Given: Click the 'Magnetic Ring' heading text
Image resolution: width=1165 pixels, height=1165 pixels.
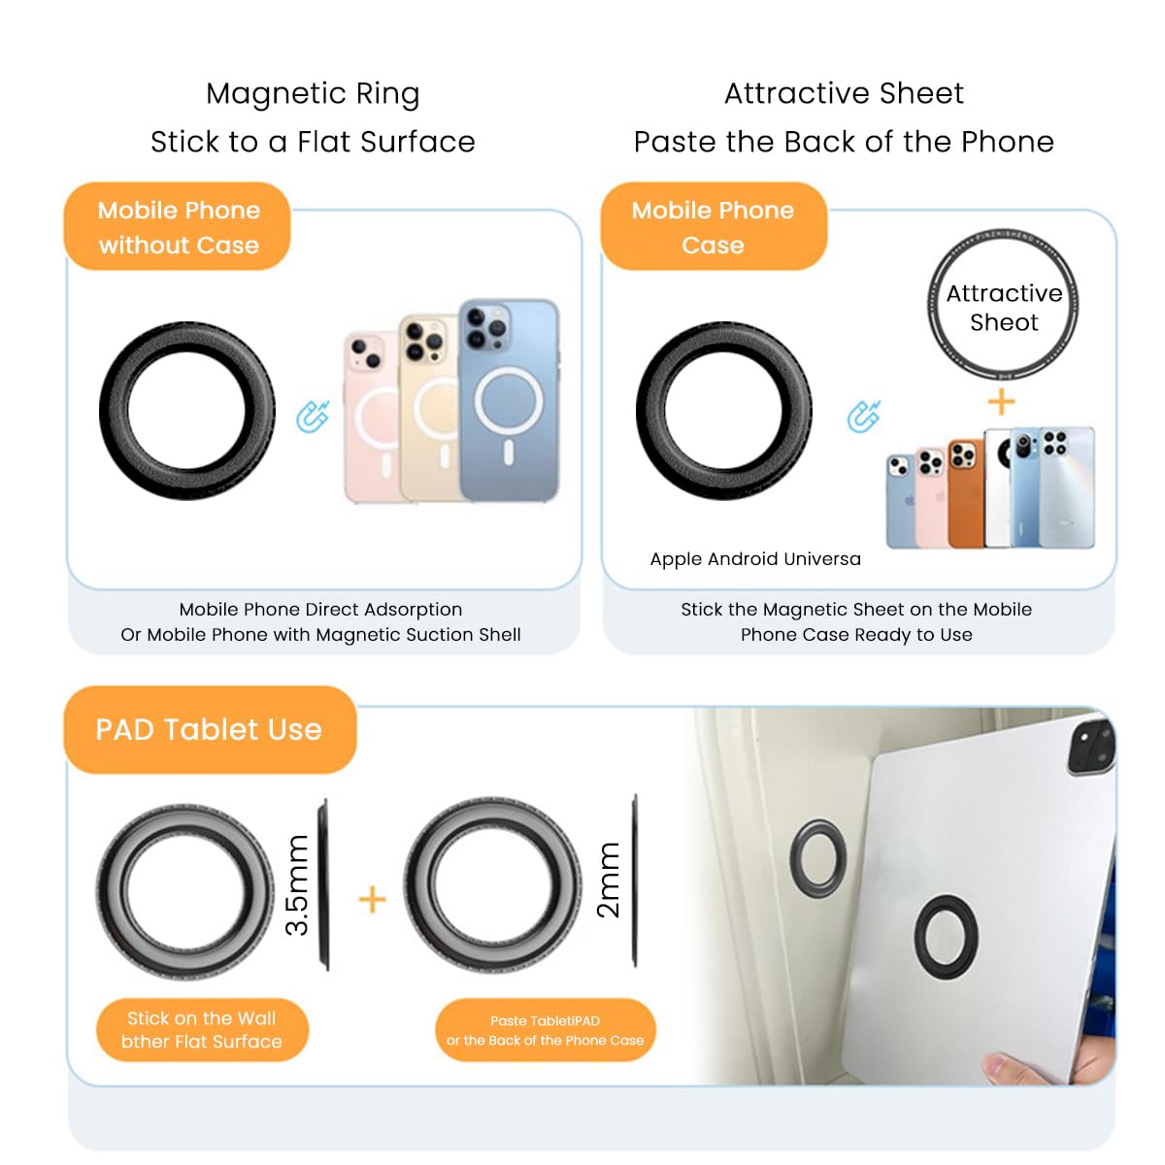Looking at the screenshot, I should [x=313, y=94].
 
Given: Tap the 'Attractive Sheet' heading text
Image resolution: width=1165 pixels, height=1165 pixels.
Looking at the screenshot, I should [x=844, y=94].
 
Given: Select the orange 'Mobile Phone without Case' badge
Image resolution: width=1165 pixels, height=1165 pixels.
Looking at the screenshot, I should [x=179, y=227].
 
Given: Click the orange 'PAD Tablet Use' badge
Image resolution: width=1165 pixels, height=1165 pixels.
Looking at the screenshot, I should [x=209, y=729].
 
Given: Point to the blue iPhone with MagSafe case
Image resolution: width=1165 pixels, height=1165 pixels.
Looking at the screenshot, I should [x=509, y=400].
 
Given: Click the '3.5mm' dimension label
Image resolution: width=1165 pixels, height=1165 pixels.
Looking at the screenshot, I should [x=297, y=885].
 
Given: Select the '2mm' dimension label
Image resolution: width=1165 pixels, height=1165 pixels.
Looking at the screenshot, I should [x=608, y=880].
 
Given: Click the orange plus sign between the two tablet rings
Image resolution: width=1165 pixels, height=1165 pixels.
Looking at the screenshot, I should [x=372, y=899].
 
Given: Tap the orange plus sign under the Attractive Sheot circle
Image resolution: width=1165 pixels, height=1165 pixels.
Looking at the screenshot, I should [x=1001, y=401].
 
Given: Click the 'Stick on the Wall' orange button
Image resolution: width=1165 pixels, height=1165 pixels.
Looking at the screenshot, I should [x=202, y=1030].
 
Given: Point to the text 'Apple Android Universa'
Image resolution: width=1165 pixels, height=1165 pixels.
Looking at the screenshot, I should [x=755, y=559].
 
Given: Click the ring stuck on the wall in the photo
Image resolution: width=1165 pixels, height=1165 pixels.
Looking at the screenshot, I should [x=818, y=856].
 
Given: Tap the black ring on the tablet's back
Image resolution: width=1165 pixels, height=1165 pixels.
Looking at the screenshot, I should [x=946, y=937].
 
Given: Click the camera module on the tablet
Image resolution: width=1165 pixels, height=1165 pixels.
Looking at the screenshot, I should [x=1091, y=746].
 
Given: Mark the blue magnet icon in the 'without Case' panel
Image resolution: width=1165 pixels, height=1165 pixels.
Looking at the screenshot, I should [x=313, y=416].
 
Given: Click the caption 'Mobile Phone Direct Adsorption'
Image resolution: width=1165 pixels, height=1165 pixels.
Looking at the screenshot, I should [x=320, y=610].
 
